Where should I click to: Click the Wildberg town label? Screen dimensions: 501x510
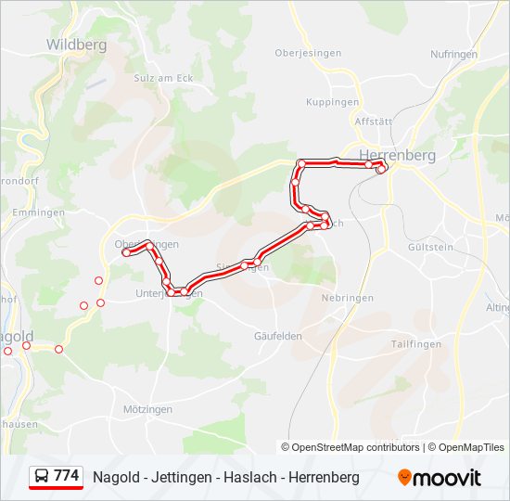coord(76,44)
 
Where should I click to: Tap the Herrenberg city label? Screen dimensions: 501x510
coord(396,155)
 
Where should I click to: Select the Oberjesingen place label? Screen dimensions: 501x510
coord(307,53)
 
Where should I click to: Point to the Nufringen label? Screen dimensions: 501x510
coord(454,54)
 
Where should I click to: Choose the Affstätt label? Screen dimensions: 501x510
coord(374,122)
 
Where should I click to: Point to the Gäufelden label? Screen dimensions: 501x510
coord(278,336)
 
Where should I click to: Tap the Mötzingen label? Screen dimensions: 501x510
coord(148,408)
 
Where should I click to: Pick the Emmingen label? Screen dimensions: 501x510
coord(38,212)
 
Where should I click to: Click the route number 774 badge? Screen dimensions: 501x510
coord(66,476)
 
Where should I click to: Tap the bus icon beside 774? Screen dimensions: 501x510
coord(42,477)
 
